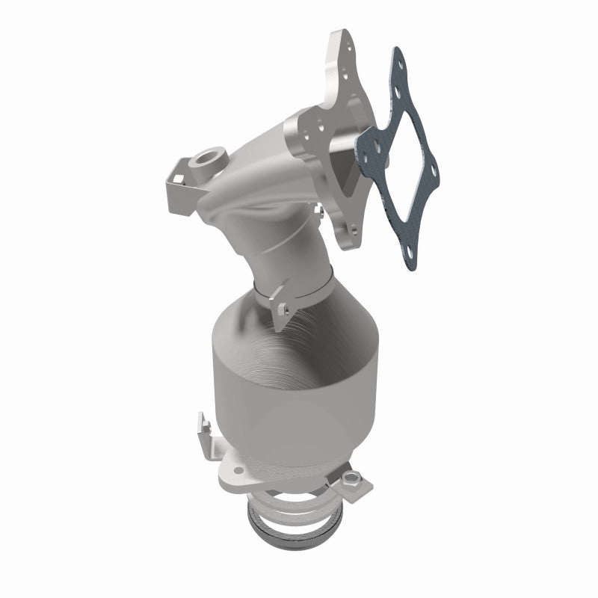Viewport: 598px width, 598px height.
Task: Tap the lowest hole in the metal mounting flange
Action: (348, 229)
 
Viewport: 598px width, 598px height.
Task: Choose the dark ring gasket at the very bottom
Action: (295, 537)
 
